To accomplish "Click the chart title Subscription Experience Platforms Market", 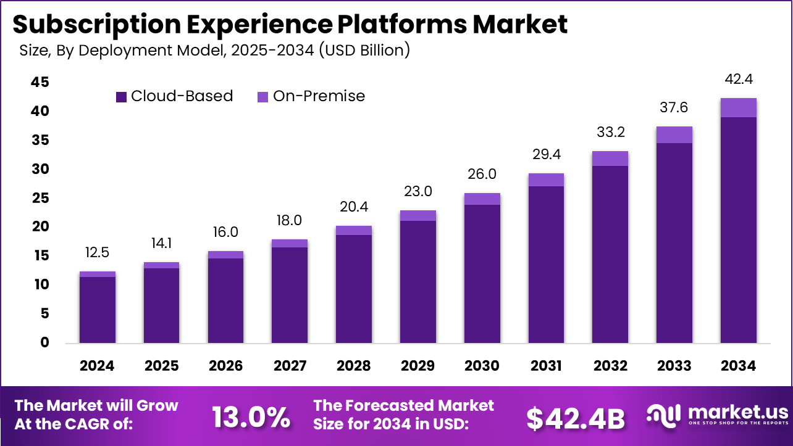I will pyautogui.click(x=289, y=25).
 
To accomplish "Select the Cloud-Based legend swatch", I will pyautogui.click(x=121, y=97).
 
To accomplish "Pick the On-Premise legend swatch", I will pyautogui.click(x=262, y=97).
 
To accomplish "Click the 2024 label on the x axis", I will pyautogui.click(x=98, y=366).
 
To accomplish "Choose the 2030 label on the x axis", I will pyautogui.click(x=482, y=366).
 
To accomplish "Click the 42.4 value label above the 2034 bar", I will pyautogui.click(x=739, y=80).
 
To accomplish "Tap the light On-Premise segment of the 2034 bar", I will pyautogui.click(x=739, y=107).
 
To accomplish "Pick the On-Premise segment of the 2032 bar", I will pyautogui.click(x=610, y=159).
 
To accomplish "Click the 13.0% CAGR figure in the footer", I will pyautogui.click(x=251, y=418).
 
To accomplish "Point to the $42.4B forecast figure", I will pyautogui.click(x=576, y=418).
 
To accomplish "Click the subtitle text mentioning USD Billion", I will pyautogui.click(x=215, y=50).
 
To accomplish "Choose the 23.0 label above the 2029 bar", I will pyautogui.click(x=418, y=191).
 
